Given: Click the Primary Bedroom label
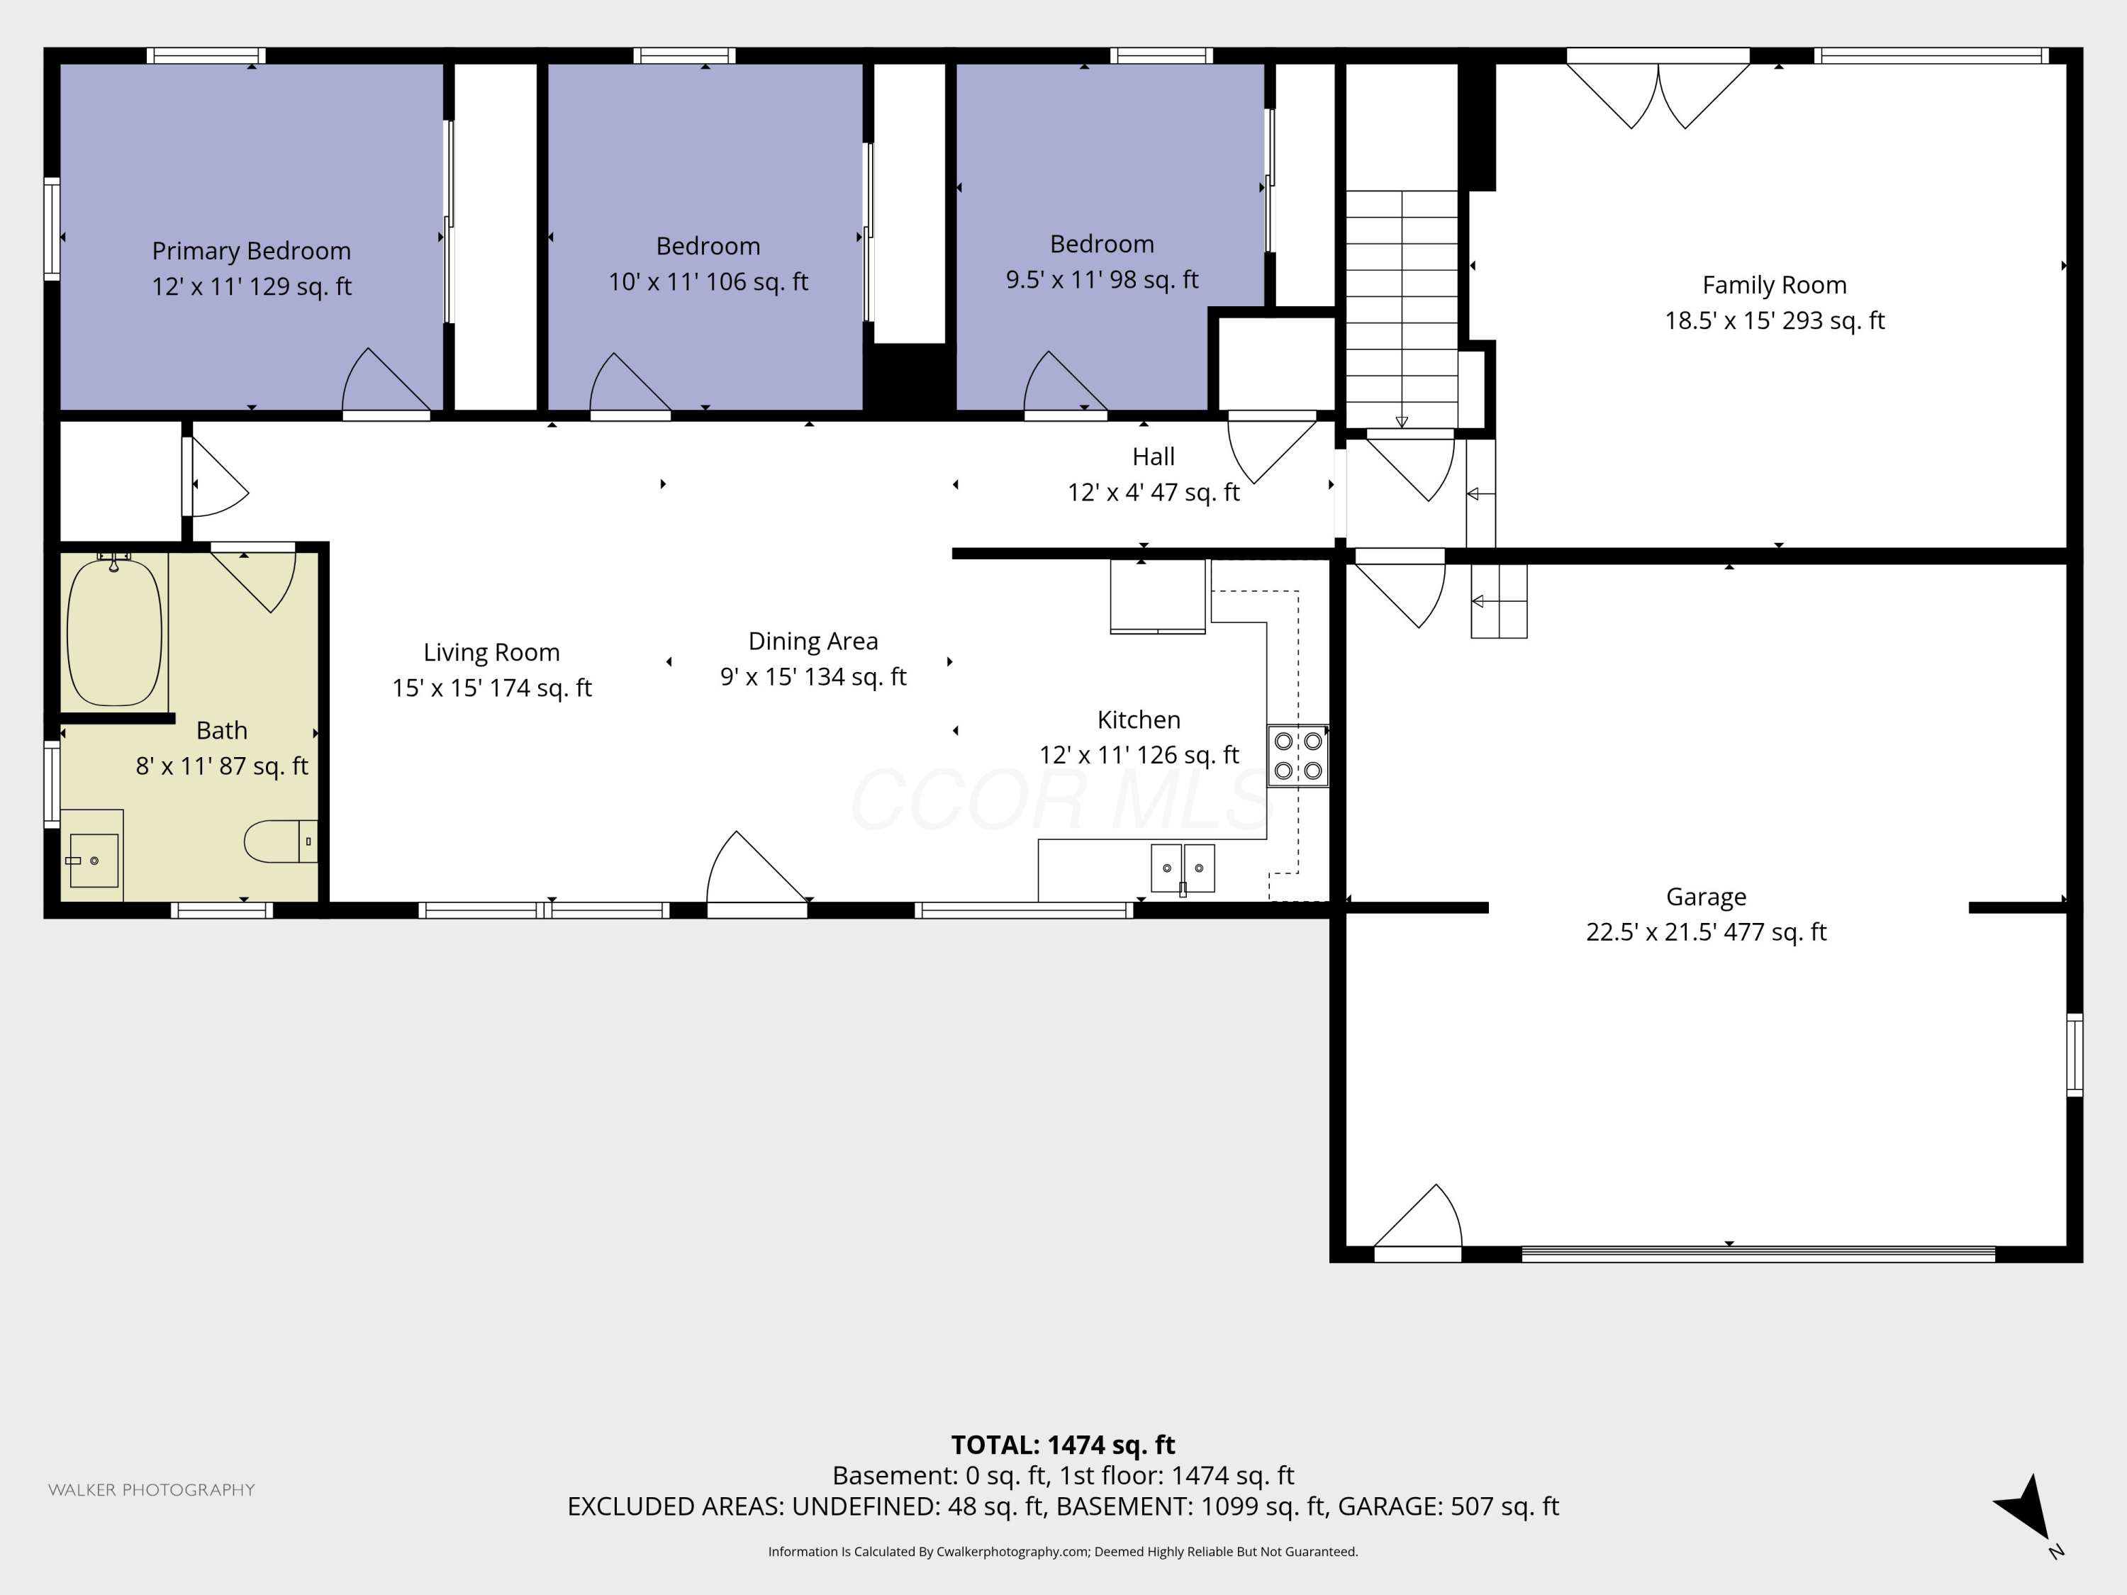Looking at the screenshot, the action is (x=251, y=251).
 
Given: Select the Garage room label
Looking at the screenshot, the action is (x=1706, y=897).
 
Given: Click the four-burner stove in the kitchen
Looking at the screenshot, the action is (x=1297, y=756).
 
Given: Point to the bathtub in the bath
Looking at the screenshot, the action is (x=114, y=632).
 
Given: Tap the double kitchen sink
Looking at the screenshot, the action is (x=1183, y=868).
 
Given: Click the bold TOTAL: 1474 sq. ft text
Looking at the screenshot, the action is (x=1063, y=1445).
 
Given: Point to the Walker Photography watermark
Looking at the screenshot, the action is (x=151, y=1490).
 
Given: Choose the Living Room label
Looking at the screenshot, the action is (x=491, y=653).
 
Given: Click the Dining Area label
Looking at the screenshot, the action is (x=813, y=642).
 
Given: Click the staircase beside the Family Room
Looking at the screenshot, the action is (x=1401, y=308).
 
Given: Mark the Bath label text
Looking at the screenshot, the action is (x=221, y=731).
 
